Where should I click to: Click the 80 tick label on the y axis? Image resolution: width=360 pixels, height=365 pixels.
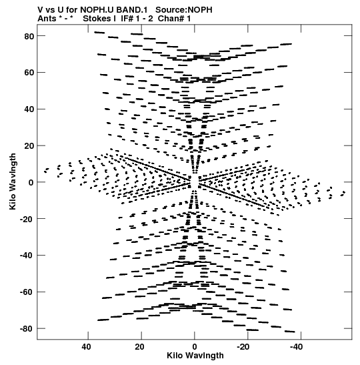29,36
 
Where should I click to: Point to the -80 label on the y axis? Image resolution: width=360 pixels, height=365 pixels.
27,329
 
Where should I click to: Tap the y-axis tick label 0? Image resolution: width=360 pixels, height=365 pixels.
31,183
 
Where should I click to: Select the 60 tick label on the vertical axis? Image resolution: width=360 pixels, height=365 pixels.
29,73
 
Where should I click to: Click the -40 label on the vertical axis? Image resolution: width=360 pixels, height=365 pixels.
27,256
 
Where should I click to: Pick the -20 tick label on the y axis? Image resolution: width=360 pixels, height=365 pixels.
27,219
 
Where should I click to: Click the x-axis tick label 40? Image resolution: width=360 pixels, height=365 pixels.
86,347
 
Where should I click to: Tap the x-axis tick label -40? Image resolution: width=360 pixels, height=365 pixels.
296,347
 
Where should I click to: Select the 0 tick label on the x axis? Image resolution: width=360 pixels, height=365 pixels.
195,347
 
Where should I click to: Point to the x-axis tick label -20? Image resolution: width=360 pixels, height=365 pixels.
243,347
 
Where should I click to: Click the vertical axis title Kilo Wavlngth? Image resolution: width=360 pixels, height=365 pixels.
13,181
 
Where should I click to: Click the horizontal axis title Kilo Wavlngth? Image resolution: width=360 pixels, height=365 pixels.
195,356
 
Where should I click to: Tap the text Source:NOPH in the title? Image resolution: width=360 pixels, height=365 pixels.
184,10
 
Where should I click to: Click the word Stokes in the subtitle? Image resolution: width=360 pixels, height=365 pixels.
97,19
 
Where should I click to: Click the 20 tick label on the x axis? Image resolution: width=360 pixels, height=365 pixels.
139,347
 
